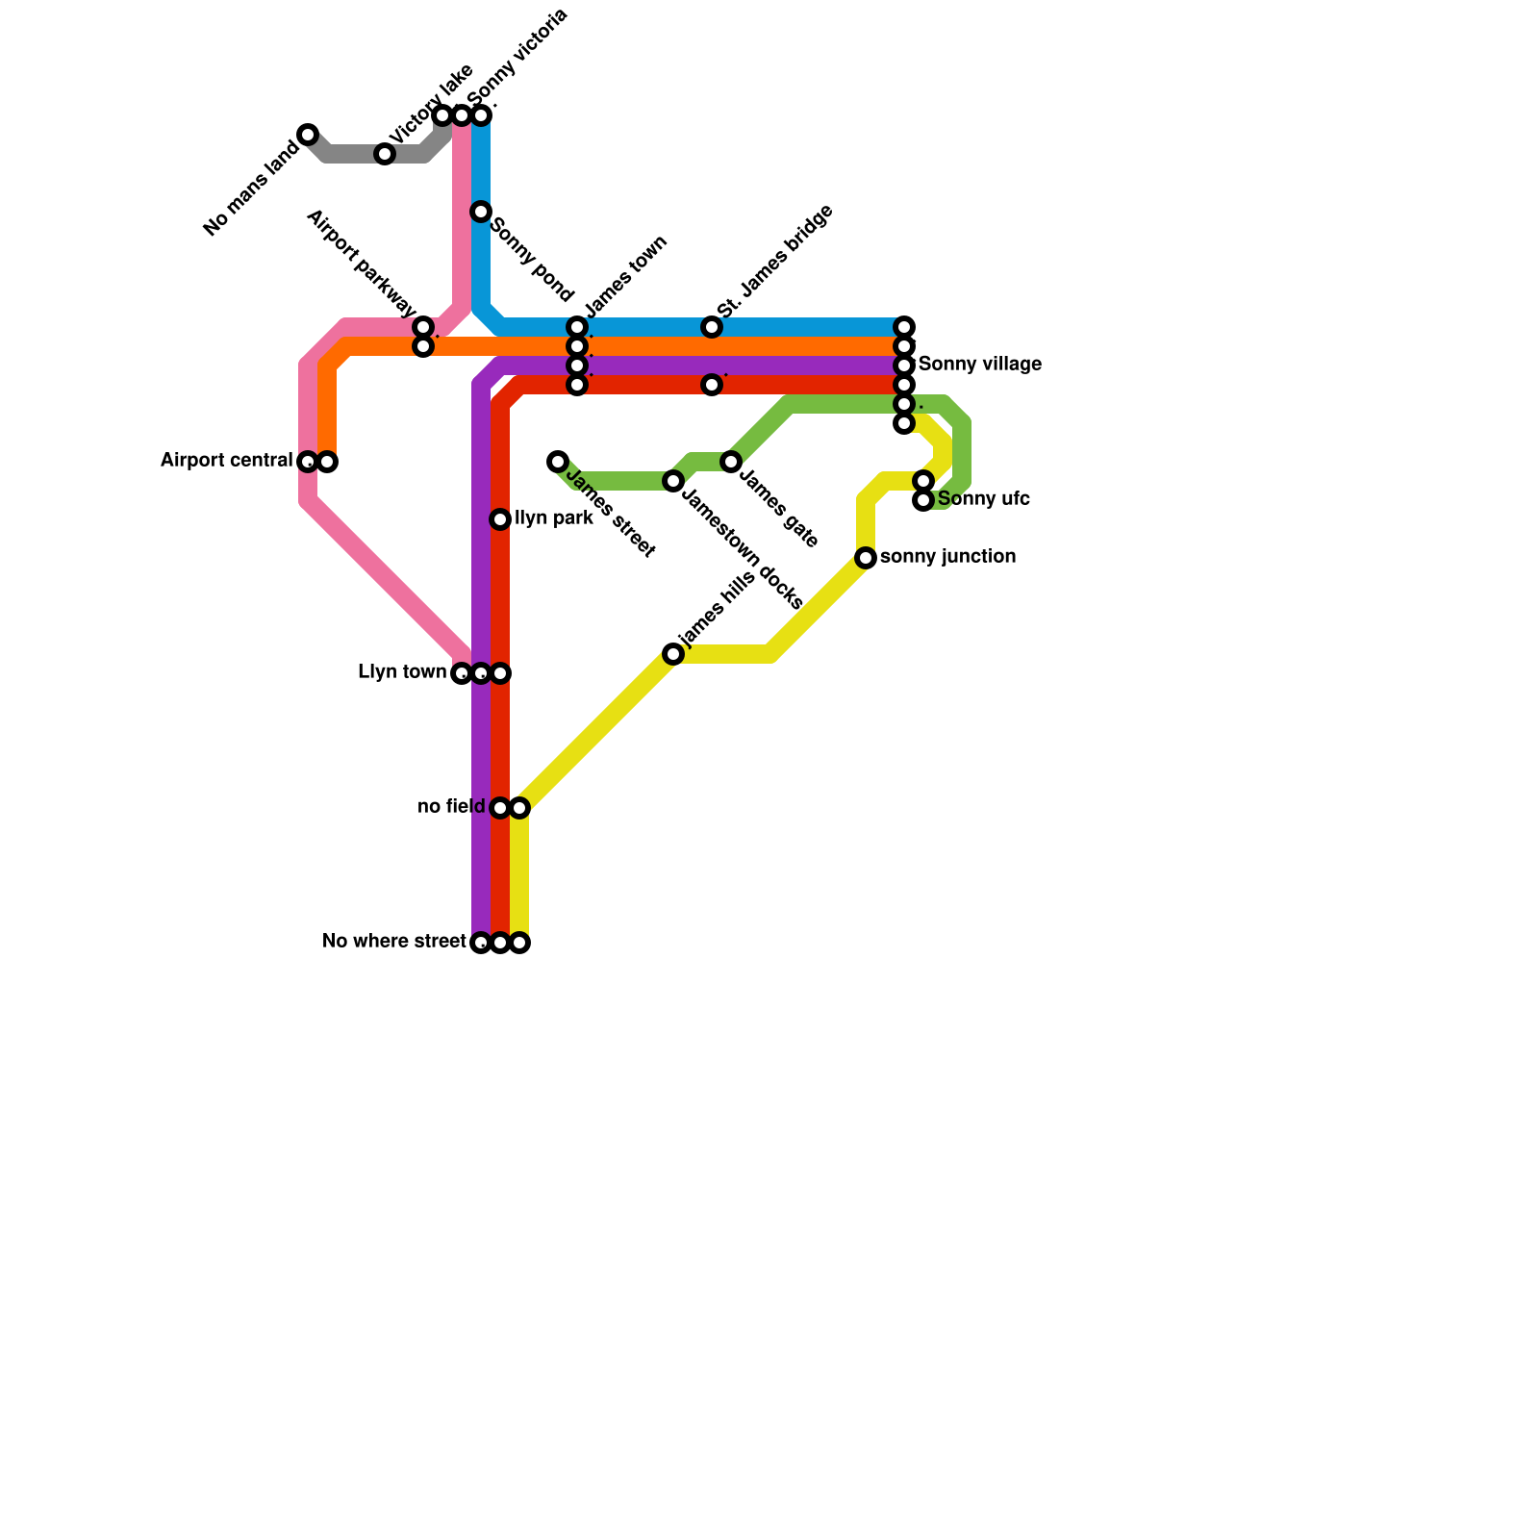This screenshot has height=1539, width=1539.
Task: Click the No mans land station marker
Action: tap(308, 135)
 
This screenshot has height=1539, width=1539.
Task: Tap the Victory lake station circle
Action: tap(385, 154)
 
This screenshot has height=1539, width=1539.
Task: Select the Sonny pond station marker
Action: tap(481, 212)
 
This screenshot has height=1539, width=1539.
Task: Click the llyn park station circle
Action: tap(500, 519)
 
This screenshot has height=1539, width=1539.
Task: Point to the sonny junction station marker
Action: tap(866, 558)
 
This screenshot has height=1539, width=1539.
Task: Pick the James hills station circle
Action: tap(673, 654)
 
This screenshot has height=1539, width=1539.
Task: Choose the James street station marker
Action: tap(558, 462)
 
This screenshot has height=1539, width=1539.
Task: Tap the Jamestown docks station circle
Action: tap(673, 481)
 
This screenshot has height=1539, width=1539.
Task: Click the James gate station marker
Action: tap(731, 462)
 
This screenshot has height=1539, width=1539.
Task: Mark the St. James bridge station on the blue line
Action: tap(712, 327)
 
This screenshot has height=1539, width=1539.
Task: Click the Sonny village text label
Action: tap(979, 365)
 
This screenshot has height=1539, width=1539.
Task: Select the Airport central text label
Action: tap(226, 461)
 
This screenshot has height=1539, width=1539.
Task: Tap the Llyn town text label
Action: tap(402, 672)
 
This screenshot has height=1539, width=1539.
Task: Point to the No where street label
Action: tap(394, 942)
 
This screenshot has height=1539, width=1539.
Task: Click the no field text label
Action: tap(451, 807)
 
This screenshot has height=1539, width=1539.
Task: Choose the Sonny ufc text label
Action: tap(983, 499)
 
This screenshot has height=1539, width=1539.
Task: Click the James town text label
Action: tap(626, 276)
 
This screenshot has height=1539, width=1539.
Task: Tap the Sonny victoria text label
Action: tap(518, 57)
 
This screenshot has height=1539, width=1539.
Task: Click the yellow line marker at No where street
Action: tap(519, 943)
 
